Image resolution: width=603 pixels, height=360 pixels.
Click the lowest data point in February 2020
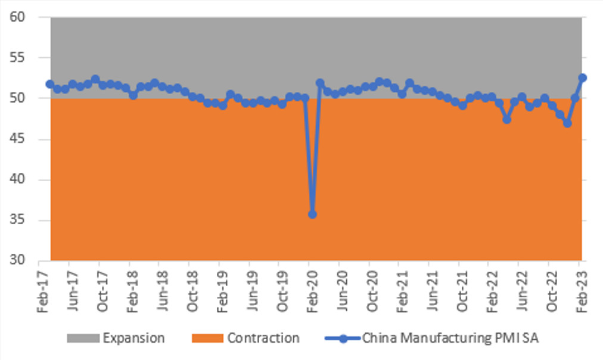(x=312, y=214)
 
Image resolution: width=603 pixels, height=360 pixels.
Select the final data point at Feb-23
(x=583, y=77)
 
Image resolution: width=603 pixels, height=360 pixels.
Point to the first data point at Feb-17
(x=50, y=84)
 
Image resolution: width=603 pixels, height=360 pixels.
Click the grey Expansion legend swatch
(x=82, y=339)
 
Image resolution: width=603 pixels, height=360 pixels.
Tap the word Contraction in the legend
(x=263, y=339)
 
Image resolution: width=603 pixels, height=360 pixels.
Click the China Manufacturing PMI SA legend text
(x=451, y=339)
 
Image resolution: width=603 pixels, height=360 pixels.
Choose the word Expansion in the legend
(x=133, y=339)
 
